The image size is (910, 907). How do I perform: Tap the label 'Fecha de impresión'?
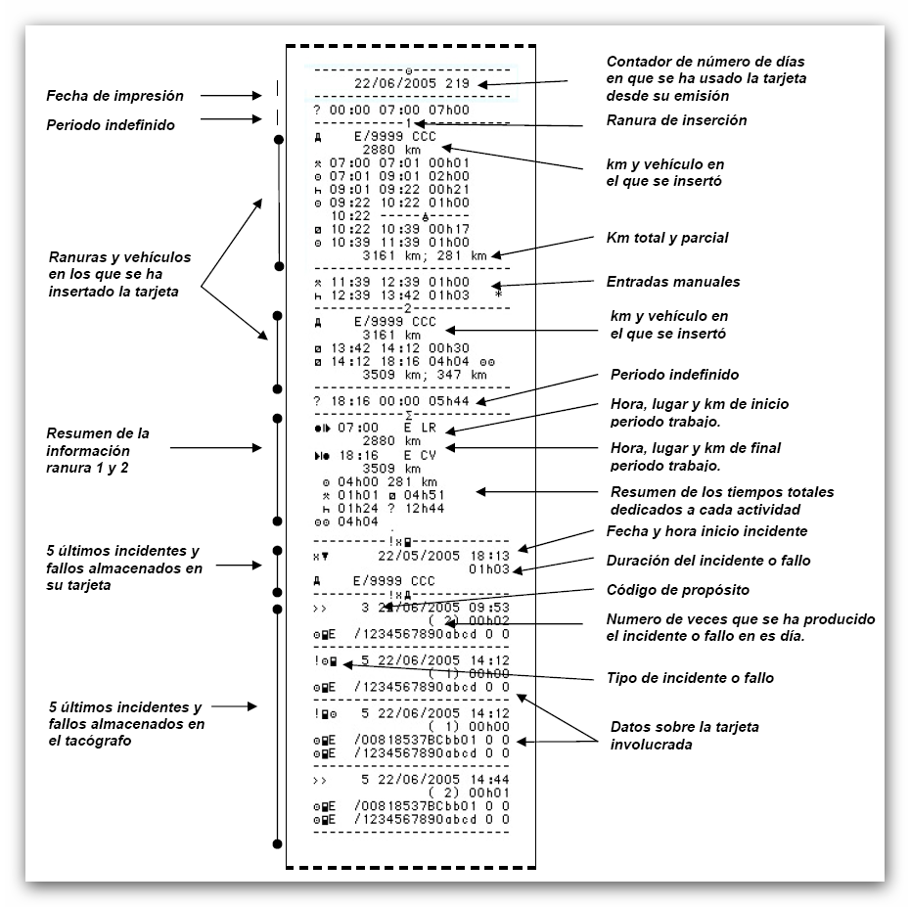[114, 96]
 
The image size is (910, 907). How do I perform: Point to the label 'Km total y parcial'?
[667, 238]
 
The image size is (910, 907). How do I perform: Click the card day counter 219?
[457, 84]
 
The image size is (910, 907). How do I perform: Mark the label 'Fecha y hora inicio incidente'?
[707, 531]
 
